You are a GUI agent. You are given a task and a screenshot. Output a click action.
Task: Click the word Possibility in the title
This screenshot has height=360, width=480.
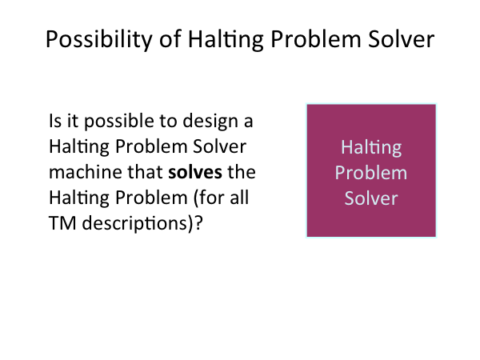[x=99, y=39]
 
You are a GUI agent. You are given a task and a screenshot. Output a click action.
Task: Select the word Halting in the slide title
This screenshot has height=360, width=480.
[x=226, y=39]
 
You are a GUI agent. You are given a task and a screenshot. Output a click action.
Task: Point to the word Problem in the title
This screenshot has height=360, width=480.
[x=316, y=39]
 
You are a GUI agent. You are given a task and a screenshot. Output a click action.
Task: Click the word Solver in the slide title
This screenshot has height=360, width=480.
[x=401, y=39]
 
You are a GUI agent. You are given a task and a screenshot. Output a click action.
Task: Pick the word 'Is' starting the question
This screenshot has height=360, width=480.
[x=55, y=121]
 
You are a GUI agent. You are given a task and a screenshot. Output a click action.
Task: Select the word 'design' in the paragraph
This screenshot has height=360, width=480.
[x=210, y=122]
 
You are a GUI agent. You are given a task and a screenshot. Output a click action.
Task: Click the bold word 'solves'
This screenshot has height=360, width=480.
[x=195, y=172]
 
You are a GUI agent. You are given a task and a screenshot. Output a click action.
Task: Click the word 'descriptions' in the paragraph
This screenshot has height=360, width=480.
[x=134, y=224]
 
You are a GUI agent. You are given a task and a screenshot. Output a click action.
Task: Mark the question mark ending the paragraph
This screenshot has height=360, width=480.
[x=198, y=223]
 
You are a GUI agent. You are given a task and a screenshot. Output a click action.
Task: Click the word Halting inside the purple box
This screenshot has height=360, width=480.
[x=371, y=148]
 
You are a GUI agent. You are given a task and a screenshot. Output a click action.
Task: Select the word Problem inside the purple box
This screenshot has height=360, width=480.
[x=371, y=173]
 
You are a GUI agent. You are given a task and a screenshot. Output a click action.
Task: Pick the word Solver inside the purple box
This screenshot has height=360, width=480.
[x=371, y=198]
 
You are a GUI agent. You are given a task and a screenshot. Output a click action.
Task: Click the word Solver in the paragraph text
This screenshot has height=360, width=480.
[x=219, y=146]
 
